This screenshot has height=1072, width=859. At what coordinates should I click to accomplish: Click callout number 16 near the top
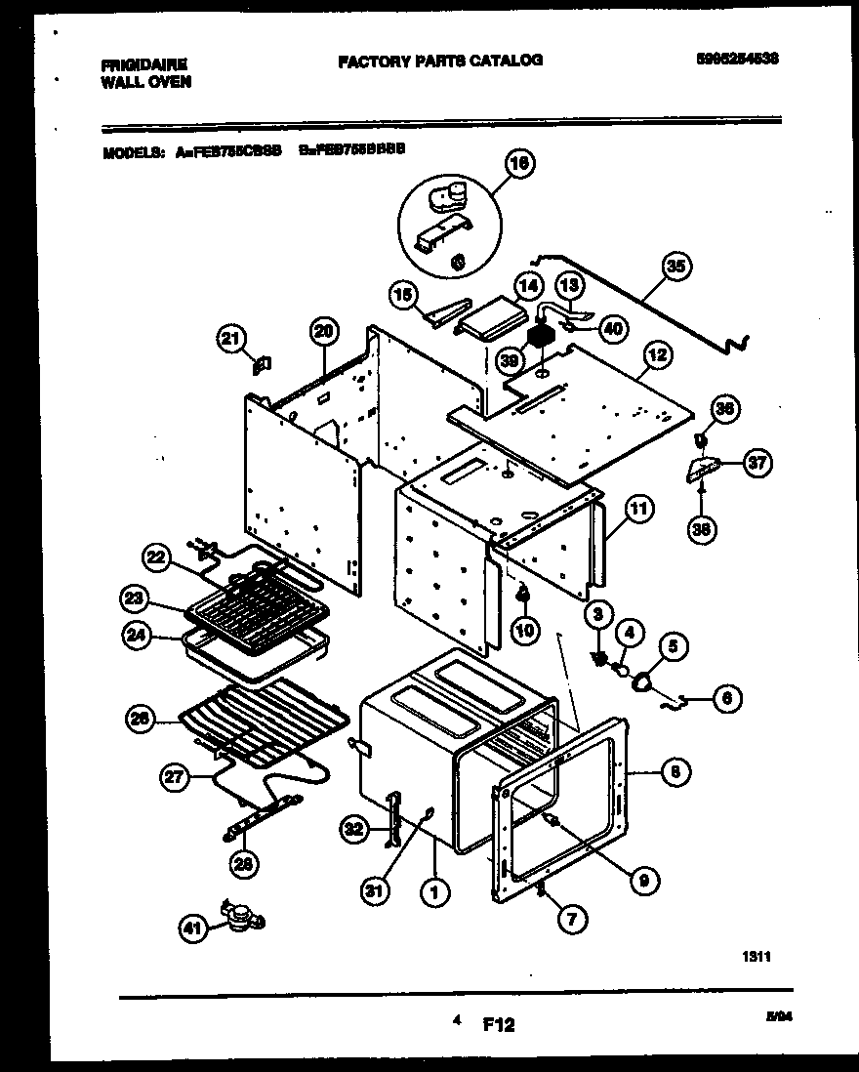520,165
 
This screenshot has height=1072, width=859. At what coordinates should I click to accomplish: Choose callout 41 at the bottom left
193,930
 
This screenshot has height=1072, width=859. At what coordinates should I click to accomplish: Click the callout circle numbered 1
429,891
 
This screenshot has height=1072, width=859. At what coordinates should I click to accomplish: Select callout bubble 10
525,631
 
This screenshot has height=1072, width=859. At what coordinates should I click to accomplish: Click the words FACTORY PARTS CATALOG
440,61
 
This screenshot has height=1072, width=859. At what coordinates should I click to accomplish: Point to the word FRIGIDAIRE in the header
144,65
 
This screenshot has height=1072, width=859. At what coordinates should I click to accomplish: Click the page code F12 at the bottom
498,1025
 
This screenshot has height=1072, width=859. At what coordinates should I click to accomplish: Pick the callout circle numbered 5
672,645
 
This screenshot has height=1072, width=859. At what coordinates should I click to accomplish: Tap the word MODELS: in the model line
134,152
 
